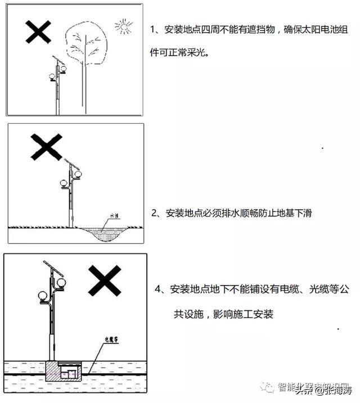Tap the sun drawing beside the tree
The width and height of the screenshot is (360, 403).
pos(123,26)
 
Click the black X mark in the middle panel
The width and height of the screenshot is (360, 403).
pos(46,148)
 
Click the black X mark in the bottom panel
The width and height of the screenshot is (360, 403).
pos(104,282)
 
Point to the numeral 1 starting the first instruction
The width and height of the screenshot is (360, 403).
pos(153,29)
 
